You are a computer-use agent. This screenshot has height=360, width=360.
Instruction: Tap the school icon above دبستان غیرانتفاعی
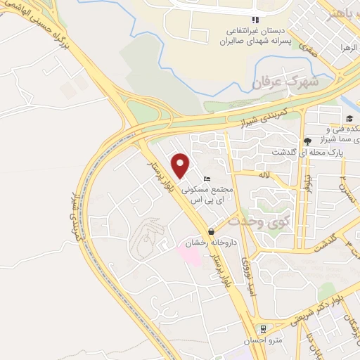coord(255,20)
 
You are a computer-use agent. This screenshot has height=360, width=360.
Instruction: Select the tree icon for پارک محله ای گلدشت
coord(307,141)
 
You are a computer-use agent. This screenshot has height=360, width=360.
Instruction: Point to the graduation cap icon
coord(349,118)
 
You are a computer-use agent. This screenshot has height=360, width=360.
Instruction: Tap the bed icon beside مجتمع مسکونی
coord(205,179)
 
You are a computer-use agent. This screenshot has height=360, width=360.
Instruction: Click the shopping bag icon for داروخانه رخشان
coord(211,231)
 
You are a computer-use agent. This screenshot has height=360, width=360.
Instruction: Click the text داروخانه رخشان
coord(210,243)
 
